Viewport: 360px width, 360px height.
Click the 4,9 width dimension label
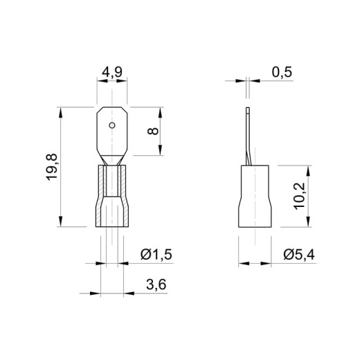point(112,73)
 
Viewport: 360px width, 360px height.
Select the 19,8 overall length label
point(51,167)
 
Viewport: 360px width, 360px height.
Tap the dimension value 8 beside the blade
point(153,131)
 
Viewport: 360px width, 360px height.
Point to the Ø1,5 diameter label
point(156,255)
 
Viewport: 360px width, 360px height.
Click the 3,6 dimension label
point(156,285)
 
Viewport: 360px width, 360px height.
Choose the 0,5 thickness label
point(282,72)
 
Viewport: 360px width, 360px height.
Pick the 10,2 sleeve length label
point(300,196)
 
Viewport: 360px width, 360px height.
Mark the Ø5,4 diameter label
point(299,255)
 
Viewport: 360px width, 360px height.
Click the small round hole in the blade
point(112,125)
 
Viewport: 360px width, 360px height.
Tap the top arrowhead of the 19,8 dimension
point(61,113)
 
